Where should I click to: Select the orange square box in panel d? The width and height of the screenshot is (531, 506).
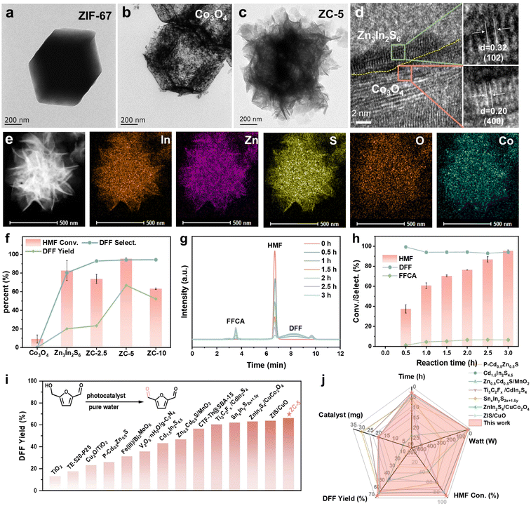click(x=404, y=72)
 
